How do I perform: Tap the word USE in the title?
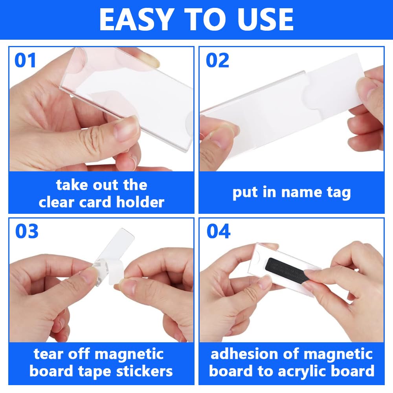[x=265, y=19]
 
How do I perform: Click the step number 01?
[x=25, y=61]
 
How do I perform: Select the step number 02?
[x=217, y=61]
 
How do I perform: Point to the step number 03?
[x=27, y=231]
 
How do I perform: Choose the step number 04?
[x=218, y=231]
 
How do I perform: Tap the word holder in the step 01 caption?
[x=140, y=202]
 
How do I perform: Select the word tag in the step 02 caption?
[x=339, y=193]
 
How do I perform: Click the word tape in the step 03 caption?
[x=94, y=372]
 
